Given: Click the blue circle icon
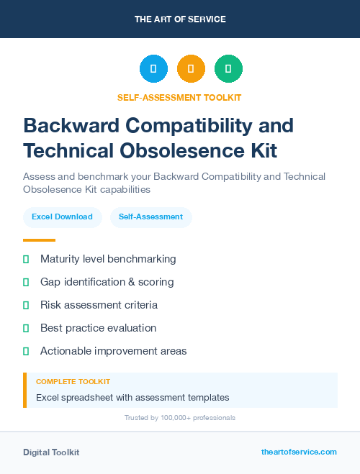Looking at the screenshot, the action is point(153,68).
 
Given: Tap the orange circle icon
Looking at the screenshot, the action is point(191,68).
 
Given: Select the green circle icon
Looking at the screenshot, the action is point(228,68).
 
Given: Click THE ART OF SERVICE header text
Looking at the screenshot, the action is point(180,19).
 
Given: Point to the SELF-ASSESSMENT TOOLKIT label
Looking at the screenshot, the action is point(180,97).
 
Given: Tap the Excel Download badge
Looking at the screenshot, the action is point(62,217).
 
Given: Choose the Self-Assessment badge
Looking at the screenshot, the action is point(150,217).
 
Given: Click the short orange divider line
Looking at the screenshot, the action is point(39,240).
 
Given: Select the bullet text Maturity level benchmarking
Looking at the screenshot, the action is point(108,259).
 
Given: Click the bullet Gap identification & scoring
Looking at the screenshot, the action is point(107,282).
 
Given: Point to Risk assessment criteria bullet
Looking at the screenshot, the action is point(99,305).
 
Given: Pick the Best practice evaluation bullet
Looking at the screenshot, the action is point(98,328).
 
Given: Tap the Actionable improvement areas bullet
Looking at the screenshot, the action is point(113,351).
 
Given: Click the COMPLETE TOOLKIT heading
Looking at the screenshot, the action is point(73,381).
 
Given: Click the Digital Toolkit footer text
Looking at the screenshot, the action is point(51,452).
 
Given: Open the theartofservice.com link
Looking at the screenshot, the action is point(299,452).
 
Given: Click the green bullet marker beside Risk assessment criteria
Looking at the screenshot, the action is point(26,305).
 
